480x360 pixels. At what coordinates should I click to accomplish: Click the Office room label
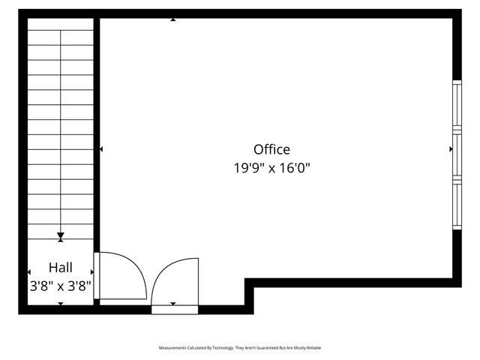pyautogui.click(x=271, y=149)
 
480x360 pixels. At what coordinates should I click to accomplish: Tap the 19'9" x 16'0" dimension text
pyautogui.click(x=271, y=169)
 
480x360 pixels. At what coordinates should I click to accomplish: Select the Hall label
pyautogui.click(x=61, y=267)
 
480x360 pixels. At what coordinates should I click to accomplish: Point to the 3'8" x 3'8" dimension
pyautogui.click(x=61, y=286)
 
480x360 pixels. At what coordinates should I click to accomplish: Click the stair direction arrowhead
pyautogui.click(x=61, y=237)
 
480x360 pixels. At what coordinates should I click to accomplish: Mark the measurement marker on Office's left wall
pyautogui.click(x=101, y=149)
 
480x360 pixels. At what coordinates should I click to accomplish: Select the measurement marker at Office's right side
pyautogui.click(x=450, y=149)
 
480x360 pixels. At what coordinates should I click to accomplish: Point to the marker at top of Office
pyautogui.click(x=173, y=19)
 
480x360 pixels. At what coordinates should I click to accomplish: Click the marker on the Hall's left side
pyautogui.click(x=29, y=271)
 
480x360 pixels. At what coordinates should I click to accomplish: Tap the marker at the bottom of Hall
pyautogui.click(x=61, y=303)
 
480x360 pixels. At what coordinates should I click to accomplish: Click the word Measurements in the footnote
pyautogui.click(x=174, y=348)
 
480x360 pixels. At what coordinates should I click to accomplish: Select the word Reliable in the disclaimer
pyautogui.click(x=313, y=348)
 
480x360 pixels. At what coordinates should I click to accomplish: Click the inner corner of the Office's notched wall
pyautogui.click(x=250, y=283)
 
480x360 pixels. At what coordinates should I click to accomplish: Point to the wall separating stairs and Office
pyautogui.click(x=97, y=135)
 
